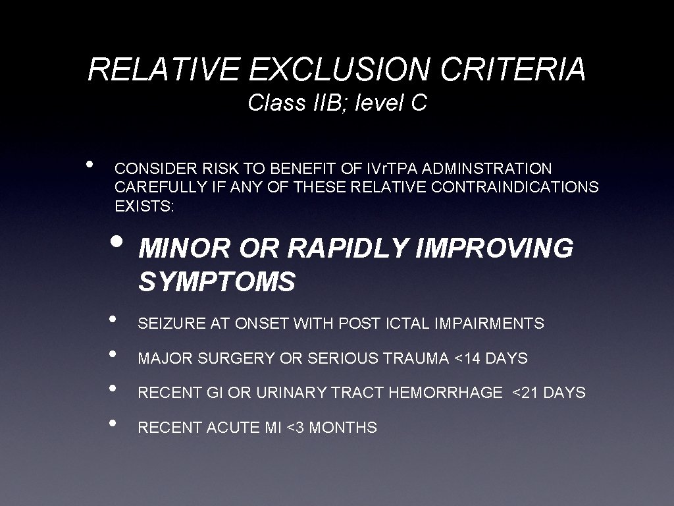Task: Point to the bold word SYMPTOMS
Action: (217, 282)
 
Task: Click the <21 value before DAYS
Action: (524, 393)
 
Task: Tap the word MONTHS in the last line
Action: (343, 428)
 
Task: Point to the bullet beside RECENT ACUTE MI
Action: (115, 422)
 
